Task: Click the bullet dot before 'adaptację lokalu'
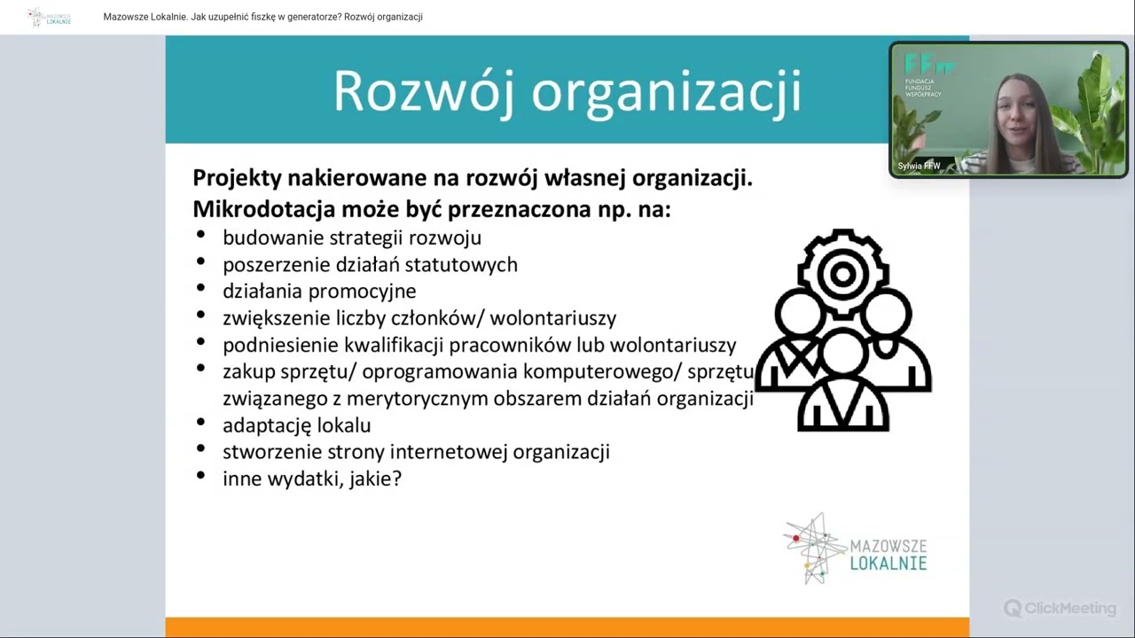click(201, 424)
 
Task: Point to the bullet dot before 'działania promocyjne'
click(201, 289)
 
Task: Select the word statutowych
click(462, 264)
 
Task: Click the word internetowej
click(449, 452)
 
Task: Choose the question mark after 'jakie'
click(396, 478)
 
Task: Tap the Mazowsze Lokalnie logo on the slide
click(856, 549)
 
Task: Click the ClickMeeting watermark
click(1061, 608)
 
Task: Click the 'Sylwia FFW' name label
click(920, 166)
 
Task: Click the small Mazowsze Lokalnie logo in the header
click(49, 17)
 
